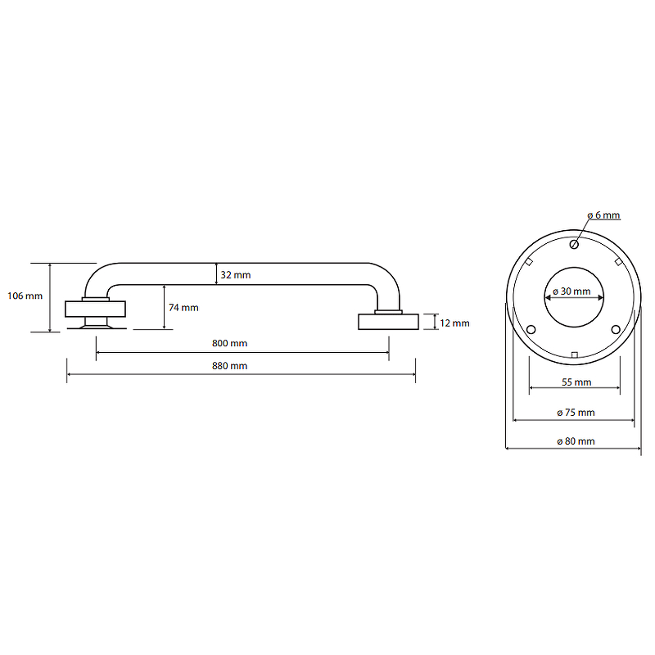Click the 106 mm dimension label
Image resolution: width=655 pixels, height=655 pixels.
[25, 296]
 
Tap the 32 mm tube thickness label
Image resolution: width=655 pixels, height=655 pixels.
[236, 275]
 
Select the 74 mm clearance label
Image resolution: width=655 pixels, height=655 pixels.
[183, 308]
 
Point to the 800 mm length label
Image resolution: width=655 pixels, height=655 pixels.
[230, 343]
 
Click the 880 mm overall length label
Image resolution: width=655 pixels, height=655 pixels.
[230, 366]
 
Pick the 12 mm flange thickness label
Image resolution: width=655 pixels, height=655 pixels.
[454, 323]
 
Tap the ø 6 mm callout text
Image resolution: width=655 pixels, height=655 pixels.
[603, 215]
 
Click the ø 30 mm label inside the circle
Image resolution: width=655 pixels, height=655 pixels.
[571, 291]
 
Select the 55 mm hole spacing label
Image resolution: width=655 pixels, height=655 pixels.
[576, 382]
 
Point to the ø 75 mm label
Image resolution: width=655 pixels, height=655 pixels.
[576, 413]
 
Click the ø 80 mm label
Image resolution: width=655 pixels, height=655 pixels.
[576, 441]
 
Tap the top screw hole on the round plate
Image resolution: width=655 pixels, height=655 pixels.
[574, 244]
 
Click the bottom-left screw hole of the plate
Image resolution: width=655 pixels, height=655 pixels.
[531, 330]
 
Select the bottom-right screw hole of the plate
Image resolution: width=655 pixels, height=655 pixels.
[616, 330]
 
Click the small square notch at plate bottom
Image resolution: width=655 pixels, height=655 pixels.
[575, 355]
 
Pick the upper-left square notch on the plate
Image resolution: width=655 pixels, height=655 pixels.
[529, 262]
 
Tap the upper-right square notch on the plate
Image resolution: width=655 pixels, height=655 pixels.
[619, 262]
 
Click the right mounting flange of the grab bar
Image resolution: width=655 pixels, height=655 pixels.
[388, 322]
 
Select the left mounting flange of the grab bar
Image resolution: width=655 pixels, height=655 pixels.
[95, 309]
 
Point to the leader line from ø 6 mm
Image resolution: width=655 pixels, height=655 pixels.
[582, 232]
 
